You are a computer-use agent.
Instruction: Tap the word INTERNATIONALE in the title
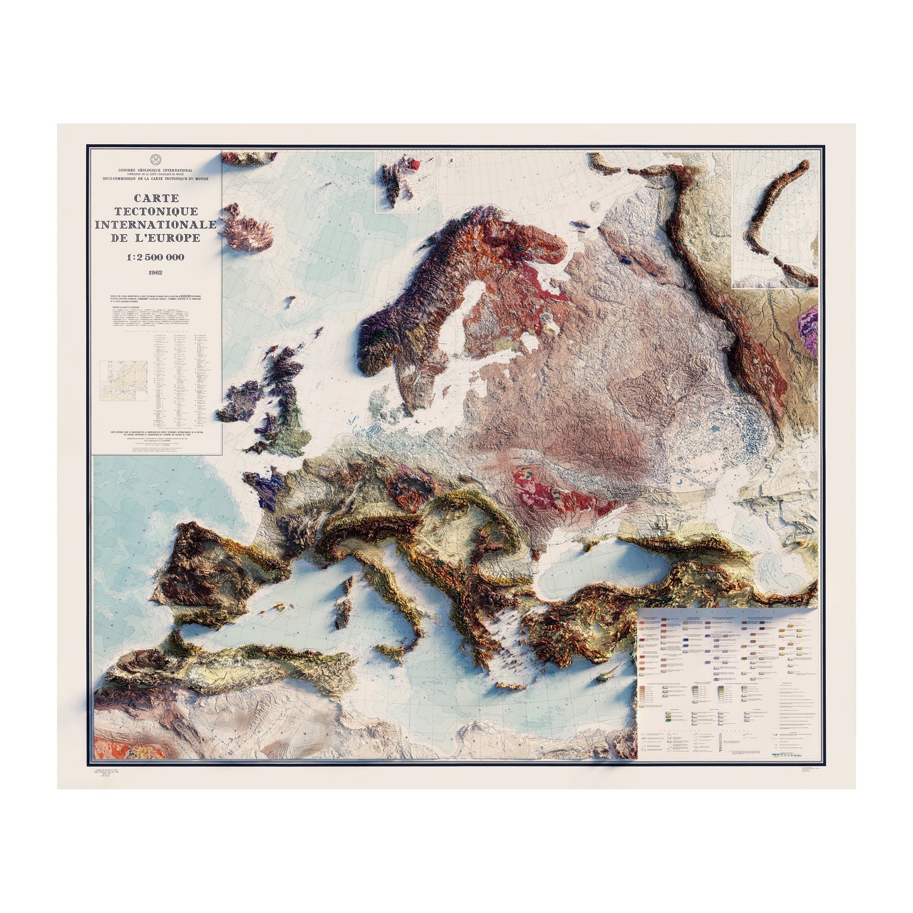click(x=155, y=225)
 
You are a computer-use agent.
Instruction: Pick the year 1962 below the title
click(x=155, y=273)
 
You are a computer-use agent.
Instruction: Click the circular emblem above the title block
click(x=155, y=159)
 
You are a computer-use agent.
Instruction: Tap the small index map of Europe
click(x=127, y=377)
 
